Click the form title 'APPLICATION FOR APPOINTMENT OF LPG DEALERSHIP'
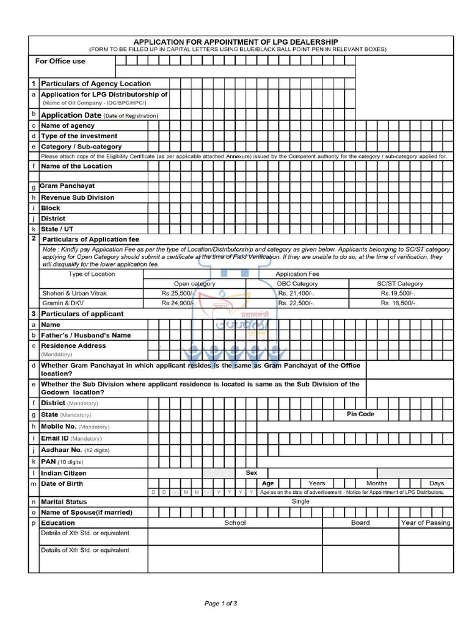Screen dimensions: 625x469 pos(236,42)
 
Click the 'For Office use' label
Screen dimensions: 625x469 pos(60,61)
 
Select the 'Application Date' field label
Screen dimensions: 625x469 pos(70,115)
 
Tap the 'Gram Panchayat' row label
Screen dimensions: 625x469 pos(67,186)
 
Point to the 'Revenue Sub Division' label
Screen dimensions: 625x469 pos(78,198)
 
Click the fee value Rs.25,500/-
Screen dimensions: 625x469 pos(178,294)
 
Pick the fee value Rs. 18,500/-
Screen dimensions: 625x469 pos(398,303)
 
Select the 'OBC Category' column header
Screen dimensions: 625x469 pos(297,284)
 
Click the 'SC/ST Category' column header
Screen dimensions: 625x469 pos(399,284)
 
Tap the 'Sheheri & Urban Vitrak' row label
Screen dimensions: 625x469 pos(75,294)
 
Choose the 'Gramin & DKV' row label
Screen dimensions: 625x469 pos(61,303)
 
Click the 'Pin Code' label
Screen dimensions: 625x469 pos(360,414)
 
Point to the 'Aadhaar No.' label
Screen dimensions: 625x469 pos(62,450)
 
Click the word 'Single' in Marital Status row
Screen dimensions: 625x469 pos(300,502)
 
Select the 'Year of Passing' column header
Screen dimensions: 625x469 pos(426,523)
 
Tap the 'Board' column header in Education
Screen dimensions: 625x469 pos(360,523)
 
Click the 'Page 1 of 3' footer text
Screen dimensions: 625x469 pos(220,604)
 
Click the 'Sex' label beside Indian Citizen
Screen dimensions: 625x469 pos(251,473)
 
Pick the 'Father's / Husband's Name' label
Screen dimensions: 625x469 pos(85,335)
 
